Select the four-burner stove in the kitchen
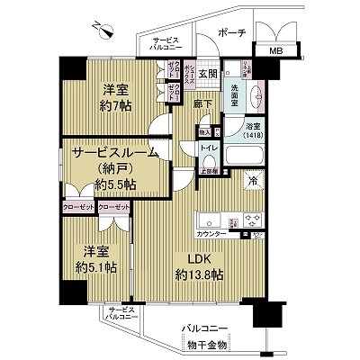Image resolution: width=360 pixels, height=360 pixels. pos(249,221)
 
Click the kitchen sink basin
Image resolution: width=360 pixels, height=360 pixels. pos(210,221)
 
